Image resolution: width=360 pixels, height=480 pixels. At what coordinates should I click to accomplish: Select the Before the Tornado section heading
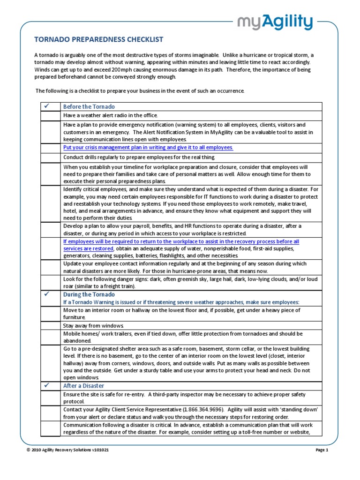tap(89, 106)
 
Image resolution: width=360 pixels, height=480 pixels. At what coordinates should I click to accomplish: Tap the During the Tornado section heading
tap(89, 294)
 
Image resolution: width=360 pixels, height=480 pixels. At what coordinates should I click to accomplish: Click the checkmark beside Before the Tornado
tap(46, 106)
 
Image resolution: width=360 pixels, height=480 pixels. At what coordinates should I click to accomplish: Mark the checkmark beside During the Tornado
tap(46, 294)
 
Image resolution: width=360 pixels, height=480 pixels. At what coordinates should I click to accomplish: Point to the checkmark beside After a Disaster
tap(46, 385)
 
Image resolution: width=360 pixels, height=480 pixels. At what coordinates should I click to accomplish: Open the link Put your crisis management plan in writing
tap(148, 147)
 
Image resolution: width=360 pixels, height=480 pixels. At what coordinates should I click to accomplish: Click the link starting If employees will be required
tap(181, 241)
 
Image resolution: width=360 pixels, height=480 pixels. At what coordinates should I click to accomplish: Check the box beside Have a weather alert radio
tap(48, 116)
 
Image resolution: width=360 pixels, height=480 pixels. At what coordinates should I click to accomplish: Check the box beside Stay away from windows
tap(48, 325)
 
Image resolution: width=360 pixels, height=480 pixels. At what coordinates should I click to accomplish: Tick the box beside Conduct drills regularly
tap(48, 157)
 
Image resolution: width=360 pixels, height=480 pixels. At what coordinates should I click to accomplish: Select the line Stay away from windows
tap(93, 325)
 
